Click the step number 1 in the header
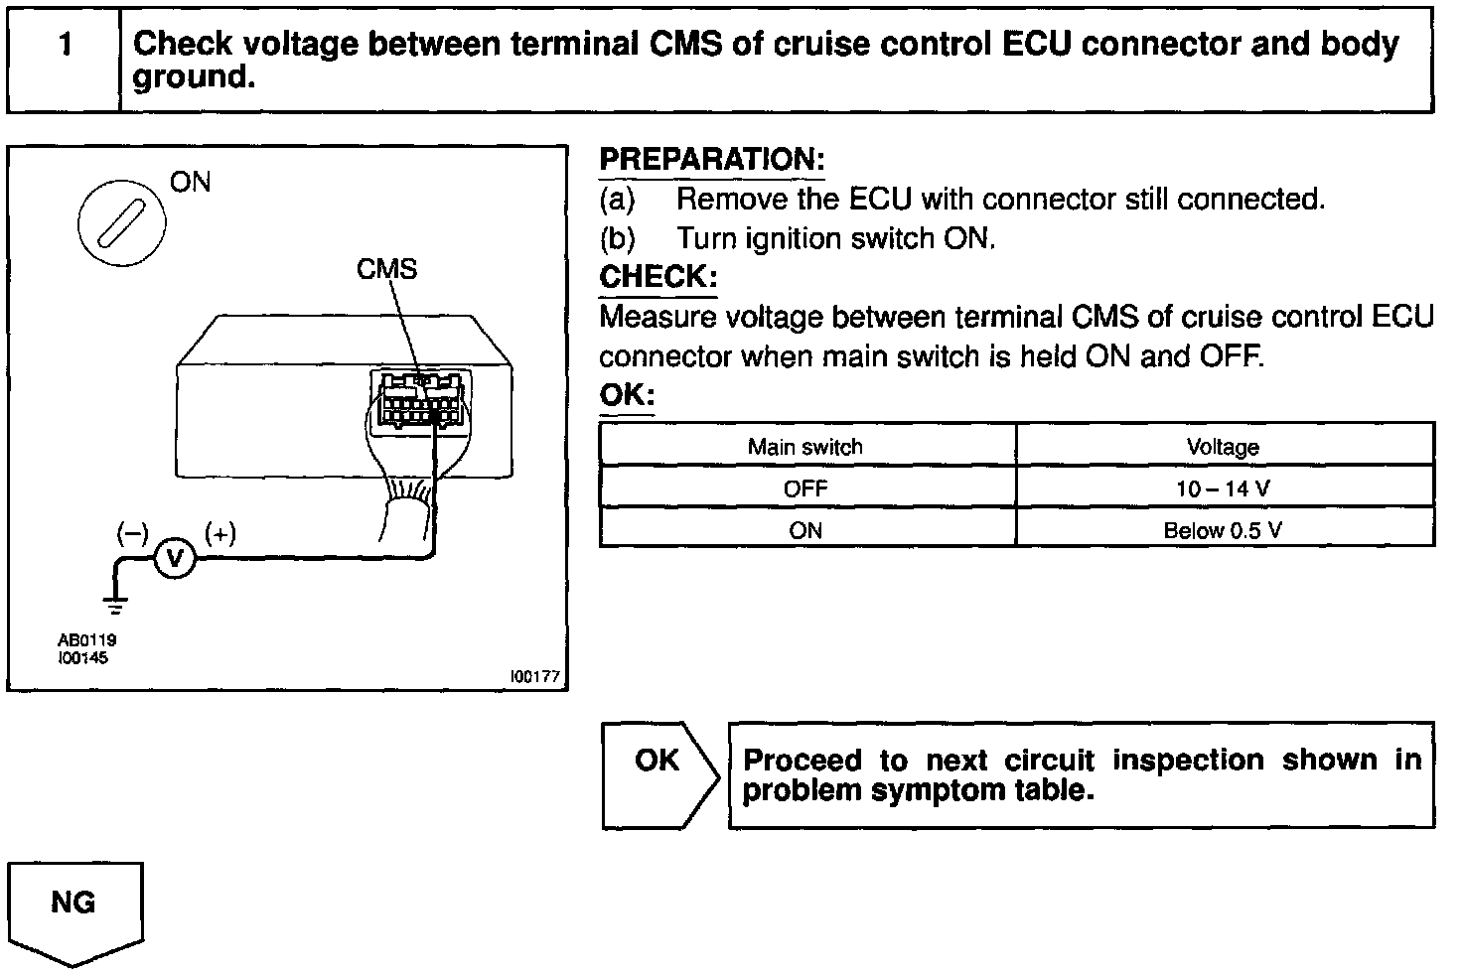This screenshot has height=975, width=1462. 65,46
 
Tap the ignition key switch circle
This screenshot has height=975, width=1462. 123,222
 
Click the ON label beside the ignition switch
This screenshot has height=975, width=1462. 190,182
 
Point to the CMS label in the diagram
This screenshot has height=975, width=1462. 387,269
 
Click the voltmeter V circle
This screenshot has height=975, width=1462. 175,560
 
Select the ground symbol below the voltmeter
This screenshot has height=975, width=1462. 116,602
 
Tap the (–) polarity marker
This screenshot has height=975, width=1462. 132,534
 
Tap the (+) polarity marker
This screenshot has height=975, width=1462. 219,534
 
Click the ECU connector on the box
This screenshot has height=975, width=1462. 419,399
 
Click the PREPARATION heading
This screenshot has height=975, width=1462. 712,160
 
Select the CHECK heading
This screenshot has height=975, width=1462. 658,277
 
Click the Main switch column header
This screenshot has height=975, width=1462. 805,447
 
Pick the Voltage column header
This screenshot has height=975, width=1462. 1223,447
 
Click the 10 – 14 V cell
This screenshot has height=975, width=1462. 1223,488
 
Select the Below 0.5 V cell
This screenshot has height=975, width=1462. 1223,530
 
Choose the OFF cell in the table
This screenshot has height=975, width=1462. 805,488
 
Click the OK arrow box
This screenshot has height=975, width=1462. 658,775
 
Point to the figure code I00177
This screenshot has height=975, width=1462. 535,676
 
